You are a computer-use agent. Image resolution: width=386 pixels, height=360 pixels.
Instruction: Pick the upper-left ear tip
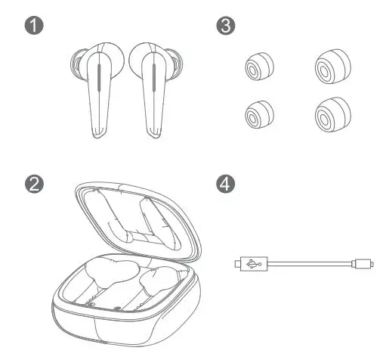pyautogui.click(x=255, y=69)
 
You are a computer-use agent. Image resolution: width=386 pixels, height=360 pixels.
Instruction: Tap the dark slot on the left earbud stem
pyautogui.click(x=99, y=79)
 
